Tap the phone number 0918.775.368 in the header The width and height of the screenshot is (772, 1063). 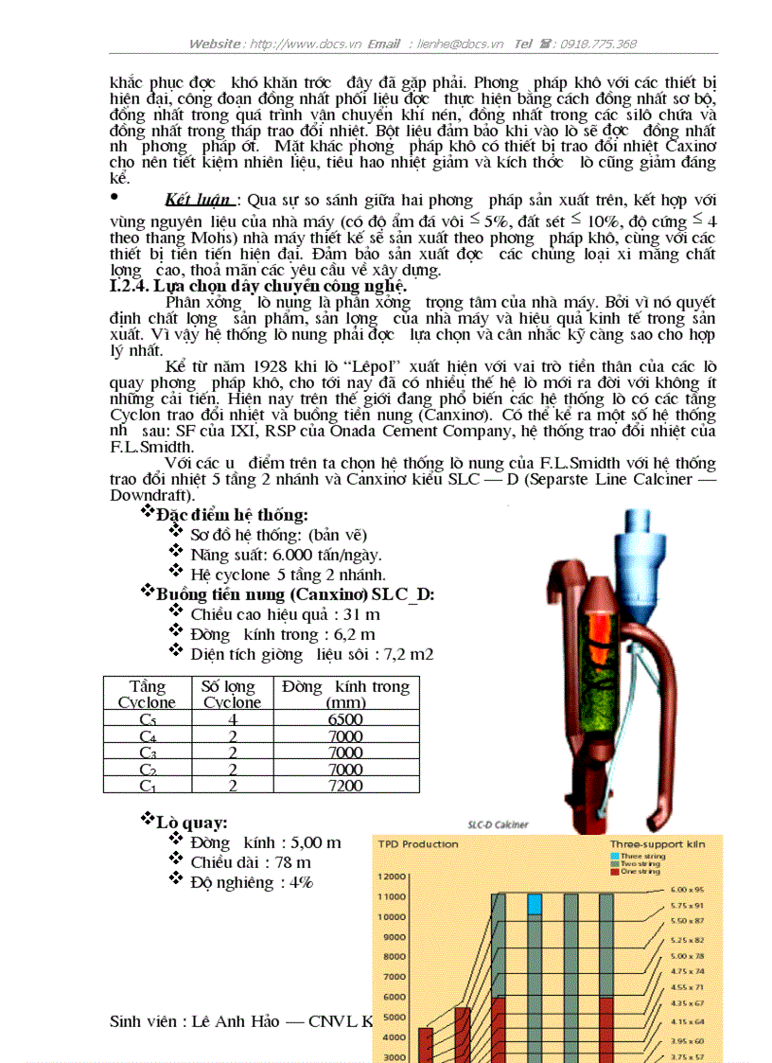(x=598, y=44)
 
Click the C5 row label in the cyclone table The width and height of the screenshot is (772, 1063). (x=147, y=719)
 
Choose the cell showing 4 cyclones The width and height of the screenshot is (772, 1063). (x=232, y=719)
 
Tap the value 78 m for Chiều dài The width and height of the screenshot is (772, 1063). (x=292, y=862)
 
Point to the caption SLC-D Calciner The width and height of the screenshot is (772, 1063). (x=498, y=824)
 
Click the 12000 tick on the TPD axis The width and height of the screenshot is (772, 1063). (x=393, y=877)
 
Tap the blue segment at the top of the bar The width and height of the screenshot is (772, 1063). (x=535, y=903)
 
